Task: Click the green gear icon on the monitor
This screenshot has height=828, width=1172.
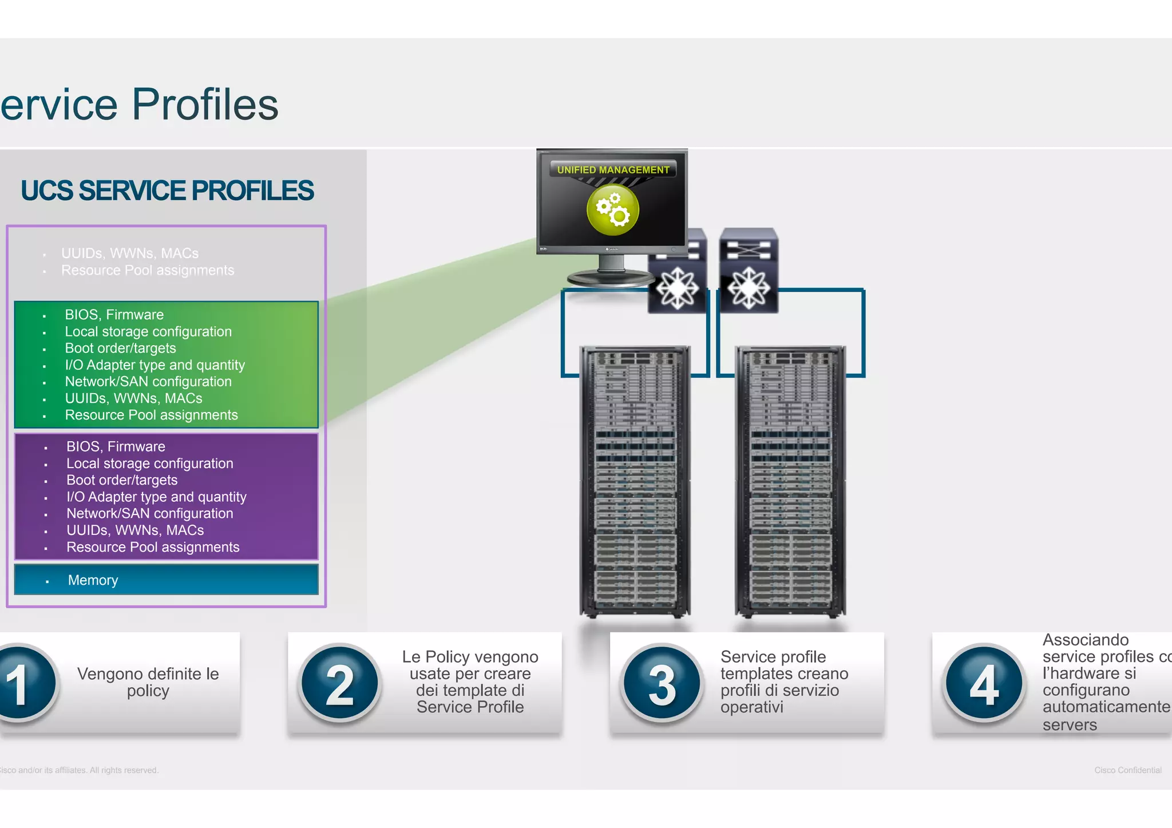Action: pyautogui.click(x=612, y=210)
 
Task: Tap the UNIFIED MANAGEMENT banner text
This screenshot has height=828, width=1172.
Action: pyautogui.click(x=613, y=170)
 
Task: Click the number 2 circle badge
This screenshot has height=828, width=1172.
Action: pyautogui.click(x=339, y=683)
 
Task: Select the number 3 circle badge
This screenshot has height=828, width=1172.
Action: pyautogui.click(x=662, y=683)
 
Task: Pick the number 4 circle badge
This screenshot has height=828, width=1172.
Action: pyautogui.click(x=984, y=683)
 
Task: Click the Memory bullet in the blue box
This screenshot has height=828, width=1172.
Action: pyautogui.click(x=93, y=580)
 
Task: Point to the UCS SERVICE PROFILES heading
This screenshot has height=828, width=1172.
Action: pyautogui.click(x=167, y=191)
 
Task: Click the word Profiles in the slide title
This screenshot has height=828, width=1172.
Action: pyautogui.click(x=205, y=105)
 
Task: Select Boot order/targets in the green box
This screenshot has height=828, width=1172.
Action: pyautogui.click(x=120, y=348)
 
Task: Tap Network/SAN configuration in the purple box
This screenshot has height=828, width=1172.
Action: pyautogui.click(x=149, y=513)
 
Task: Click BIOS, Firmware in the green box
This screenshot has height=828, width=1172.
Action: pyautogui.click(x=114, y=315)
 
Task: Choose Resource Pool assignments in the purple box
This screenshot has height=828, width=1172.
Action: pyautogui.click(x=153, y=547)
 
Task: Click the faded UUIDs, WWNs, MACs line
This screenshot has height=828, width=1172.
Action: pyautogui.click(x=130, y=253)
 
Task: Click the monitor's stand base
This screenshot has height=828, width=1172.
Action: pyautogui.click(x=610, y=279)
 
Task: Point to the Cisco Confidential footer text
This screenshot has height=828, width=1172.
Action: pyautogui.click(x=1127, y=770)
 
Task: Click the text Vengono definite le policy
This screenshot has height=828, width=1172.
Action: pyautogui.click(x=148, y=682)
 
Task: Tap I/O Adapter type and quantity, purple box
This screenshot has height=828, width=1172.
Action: pyautogui.click(x=156, y=497)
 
